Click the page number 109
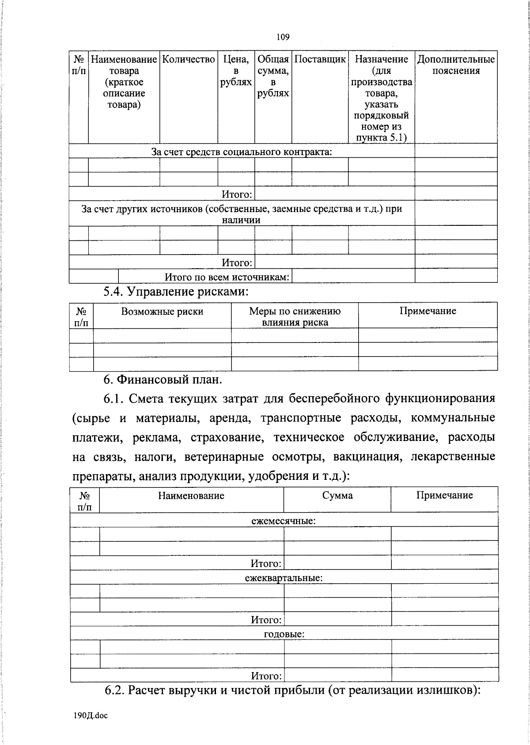pyautogui.click(x=283, y=37)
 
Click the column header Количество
pyautogui.click(x=189, y=60)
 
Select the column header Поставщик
pyautogui.click(x=320, y=60)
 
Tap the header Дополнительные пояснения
pyautogui.click(x=456, y=65)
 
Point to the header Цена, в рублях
pyautogui.click(x=236, y=71)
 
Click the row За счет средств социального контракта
pyautogui.click(x=242, y=152)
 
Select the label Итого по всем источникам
pyautogui.click(x=227, y=277)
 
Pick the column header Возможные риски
pyautogui.click(x=162, y=312)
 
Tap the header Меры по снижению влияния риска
pyautogui.click(x=295, y=316)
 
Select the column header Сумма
pyautogui.click(x=337, y=496)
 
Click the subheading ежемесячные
pyautogui.click(x=283, y=521)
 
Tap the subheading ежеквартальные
pyautogui.click(x=283, y=578)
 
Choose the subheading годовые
pyautogui.click(x=284, y=634)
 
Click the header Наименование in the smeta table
pyautogui.click(x=191, y=496)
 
